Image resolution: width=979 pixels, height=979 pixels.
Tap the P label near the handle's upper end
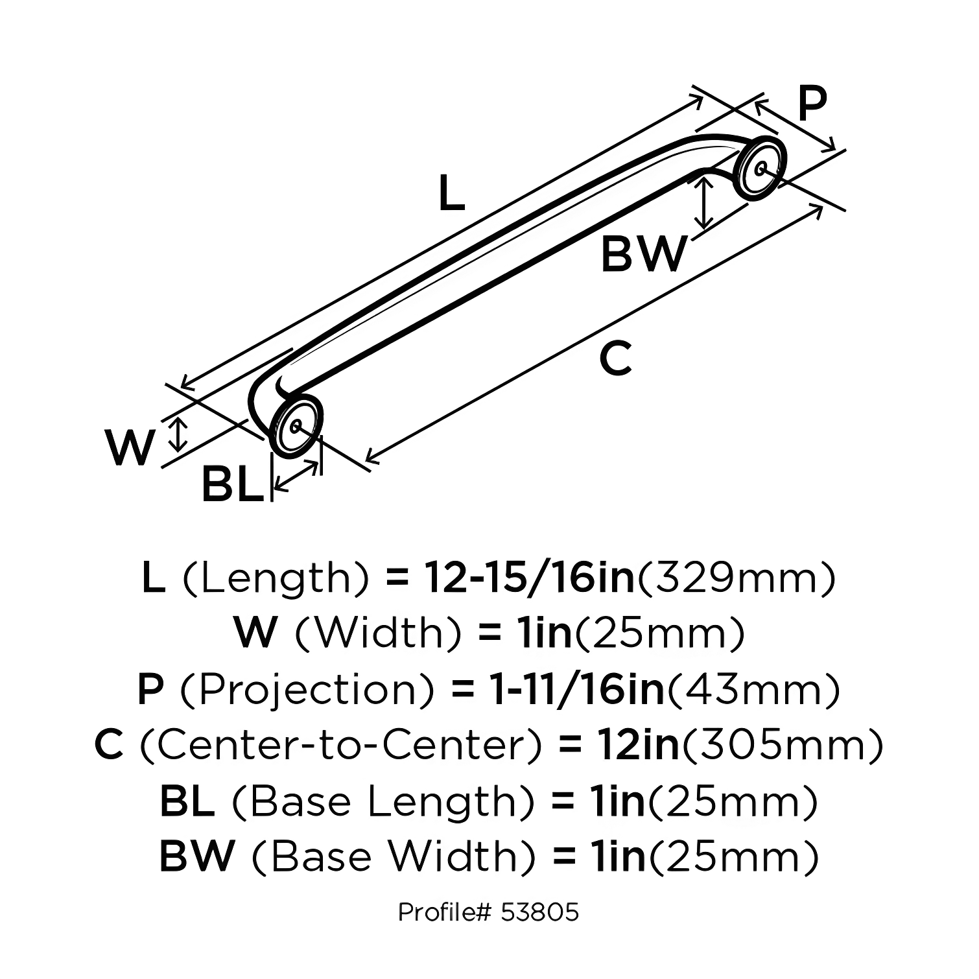point(812,105)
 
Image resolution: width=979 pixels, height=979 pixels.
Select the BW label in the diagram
point(643,254)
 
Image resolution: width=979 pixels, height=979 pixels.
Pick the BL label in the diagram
point(233,484)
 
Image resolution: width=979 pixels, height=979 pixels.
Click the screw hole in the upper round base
point(761,167)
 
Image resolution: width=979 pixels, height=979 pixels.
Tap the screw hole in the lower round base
point(296,427)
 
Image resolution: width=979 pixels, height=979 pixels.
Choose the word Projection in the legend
point(305,690)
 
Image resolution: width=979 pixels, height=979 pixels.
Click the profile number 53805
point(539,912)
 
